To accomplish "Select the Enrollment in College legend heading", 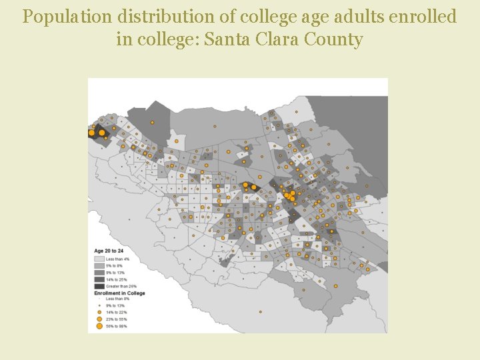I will (x=119, y=293).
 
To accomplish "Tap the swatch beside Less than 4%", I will (x=99, y=259).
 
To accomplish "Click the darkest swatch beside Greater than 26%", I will (x=99, y=286).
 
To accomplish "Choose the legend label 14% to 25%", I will (x=117, y=279).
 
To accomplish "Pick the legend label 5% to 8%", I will (x=115, y=265).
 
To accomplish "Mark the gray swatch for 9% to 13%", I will (x=99, y=272).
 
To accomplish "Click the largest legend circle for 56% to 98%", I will (x=99, y=327).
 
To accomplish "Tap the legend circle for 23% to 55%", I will (x=99, y=319).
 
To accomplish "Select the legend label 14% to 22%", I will (x=117, y=313).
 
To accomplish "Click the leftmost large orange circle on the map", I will (x=91, y=133).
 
